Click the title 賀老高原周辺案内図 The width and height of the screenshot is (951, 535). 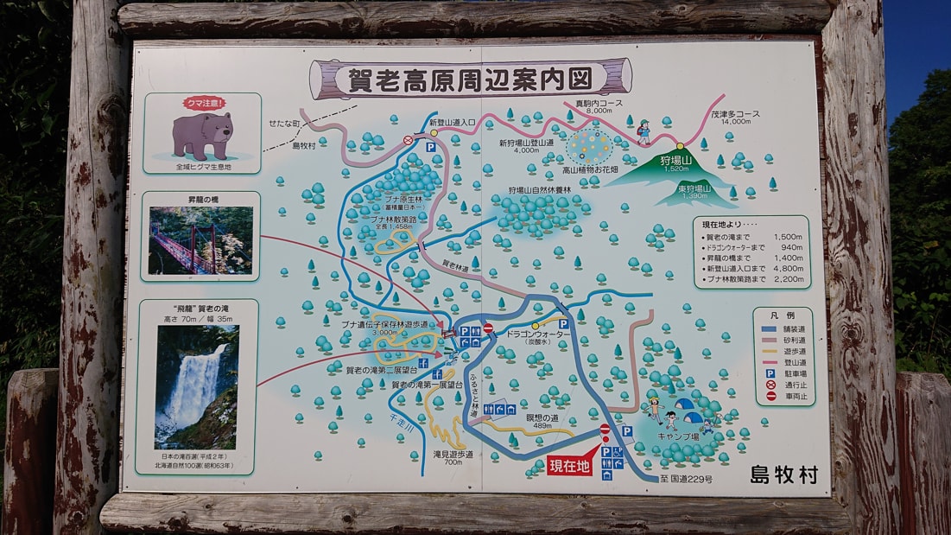click(471, 80)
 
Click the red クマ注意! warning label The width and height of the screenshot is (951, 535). click(202, 103)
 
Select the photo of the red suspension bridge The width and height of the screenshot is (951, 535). click(200, 239)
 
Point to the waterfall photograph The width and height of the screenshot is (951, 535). click(197, 386)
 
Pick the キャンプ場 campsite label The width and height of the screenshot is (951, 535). click(678, 436)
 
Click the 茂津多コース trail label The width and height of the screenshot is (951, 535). click(712, 114)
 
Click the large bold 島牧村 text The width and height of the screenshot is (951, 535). click(783, 474)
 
